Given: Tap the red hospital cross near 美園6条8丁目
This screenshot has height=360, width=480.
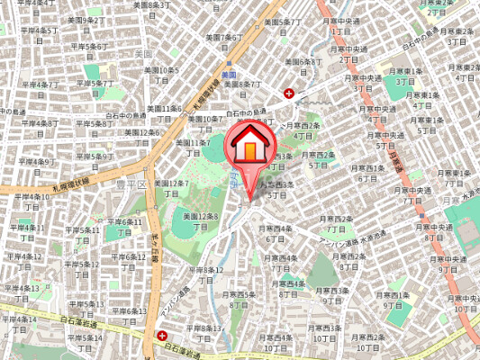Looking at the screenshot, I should coord(289,93).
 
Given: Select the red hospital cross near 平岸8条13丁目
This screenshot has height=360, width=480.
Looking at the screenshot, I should coord(162,335).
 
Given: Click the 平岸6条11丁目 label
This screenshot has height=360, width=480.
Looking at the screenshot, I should coord(124,226).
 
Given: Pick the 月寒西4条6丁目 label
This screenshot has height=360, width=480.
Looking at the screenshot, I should coord(275,234).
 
